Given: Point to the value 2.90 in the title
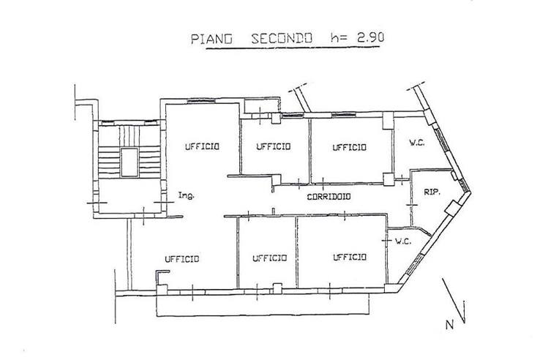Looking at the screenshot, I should coord(363,37).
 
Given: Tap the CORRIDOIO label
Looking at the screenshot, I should coord(328,196).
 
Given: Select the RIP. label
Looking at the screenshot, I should coord(430,192).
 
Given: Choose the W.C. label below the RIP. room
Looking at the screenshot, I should coord(403,241).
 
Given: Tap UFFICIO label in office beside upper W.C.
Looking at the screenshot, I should coord(349,147).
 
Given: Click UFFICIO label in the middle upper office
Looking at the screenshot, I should coord(274,146).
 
